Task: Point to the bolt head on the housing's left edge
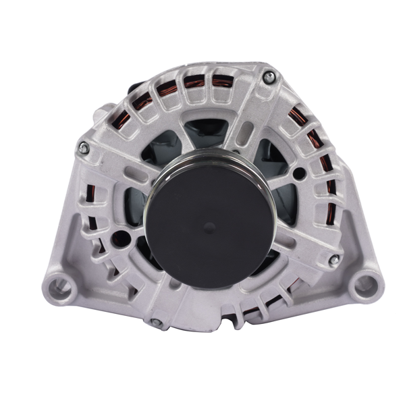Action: point(83,147)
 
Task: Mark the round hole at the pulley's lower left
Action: point(121,236)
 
